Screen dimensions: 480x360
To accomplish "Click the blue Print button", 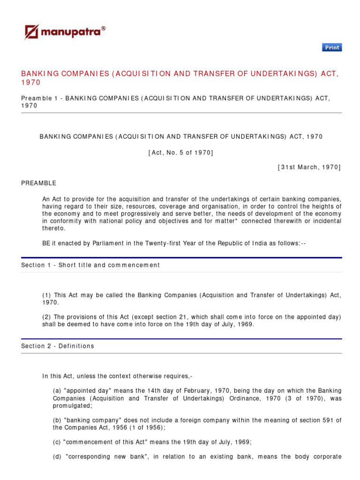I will tap(332, 47).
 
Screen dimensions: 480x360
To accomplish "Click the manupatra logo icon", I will tap(31, 32).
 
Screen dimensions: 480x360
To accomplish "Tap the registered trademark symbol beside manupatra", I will tap(103, 29).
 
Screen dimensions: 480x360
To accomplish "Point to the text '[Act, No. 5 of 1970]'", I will tap(181, 152).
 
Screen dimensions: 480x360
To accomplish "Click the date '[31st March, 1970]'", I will tap(309, 167).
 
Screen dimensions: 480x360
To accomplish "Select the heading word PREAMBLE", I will tap(38, 183).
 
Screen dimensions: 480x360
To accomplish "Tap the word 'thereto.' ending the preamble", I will tap(54, 228).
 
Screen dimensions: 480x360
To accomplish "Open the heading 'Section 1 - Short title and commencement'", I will tap(90, 265).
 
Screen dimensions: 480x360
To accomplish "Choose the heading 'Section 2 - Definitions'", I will tap(58, 346).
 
